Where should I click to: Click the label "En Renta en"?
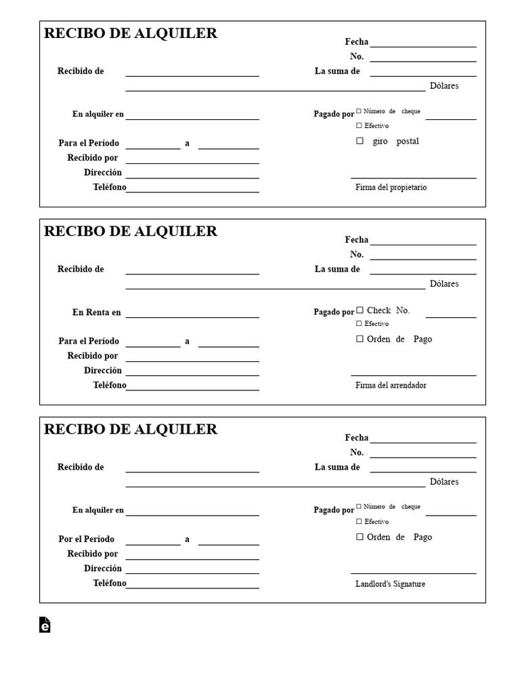[97, 312]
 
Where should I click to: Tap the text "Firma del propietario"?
[391, 188]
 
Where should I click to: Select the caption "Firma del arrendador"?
[391, 386]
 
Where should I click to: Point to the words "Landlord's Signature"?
[390, 584]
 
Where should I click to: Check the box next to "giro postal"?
[360, 141]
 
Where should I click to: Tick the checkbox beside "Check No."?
[360, 310]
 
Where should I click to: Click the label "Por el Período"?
[87, 539]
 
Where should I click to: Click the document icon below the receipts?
[45, 625]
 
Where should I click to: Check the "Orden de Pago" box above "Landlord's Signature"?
[360, 537]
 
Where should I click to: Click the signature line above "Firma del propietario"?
[413, 178]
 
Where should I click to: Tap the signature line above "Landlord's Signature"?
[413, 573]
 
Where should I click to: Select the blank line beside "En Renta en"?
[192, 317]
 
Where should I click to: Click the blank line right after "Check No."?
[451, 317]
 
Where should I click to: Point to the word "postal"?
[408, 142]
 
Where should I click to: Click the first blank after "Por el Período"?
[153, 544]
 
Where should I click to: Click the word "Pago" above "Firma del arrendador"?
[422, 339]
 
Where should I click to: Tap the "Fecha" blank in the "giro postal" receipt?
[423, 46]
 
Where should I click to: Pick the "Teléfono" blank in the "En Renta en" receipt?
[192, 390]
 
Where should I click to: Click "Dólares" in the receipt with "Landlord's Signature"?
[444, 482]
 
